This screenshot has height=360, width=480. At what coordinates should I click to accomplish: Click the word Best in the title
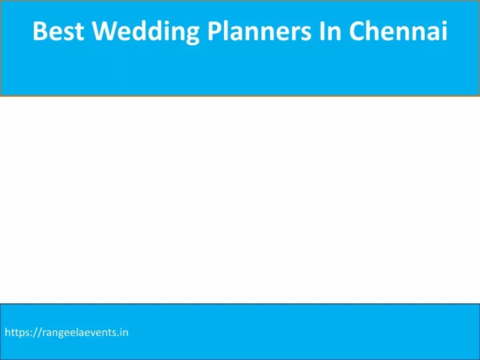(59, 31)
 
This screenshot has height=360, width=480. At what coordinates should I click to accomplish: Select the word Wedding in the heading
(146, 31)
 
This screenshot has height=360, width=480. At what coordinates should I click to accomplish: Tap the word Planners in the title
(259, 31)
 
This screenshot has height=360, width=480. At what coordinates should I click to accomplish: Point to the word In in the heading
(330, 31)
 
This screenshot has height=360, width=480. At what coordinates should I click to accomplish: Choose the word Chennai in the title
(398, 31)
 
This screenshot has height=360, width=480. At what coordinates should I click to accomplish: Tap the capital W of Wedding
(104, 31)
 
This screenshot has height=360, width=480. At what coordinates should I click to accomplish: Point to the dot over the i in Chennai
(443, 23)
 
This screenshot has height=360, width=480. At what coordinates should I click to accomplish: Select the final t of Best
(80, 32)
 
